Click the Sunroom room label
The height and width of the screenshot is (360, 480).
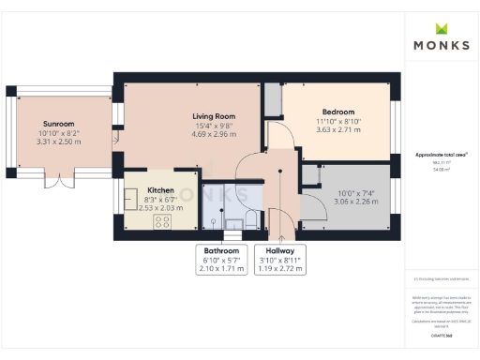click(57, 124)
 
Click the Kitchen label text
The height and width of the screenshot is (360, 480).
click(160, 189)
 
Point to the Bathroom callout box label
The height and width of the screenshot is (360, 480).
click(222, 251)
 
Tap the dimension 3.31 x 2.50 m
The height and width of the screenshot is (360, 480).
click(57, 142)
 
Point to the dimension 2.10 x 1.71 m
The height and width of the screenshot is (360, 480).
click(222, 268)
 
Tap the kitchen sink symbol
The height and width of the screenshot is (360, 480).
click(130, 200)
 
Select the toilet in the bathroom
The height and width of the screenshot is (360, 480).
click(230, 221)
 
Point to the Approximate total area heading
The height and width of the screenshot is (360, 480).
click(440, 154)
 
